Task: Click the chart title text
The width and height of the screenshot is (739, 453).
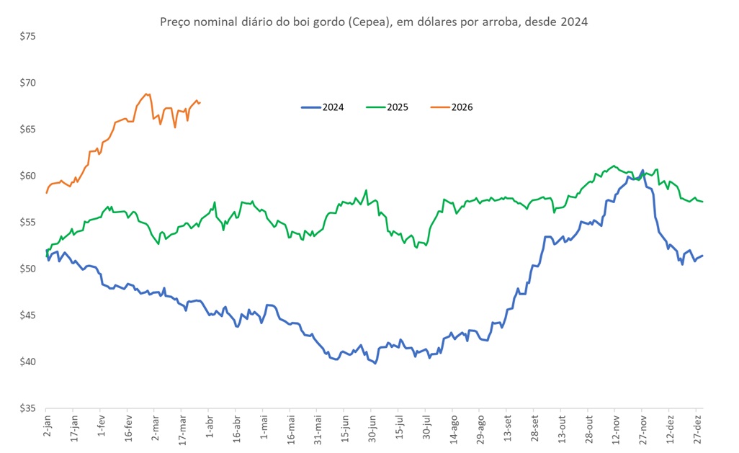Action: (373, 22)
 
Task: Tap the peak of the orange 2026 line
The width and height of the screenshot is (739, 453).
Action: (147, 94)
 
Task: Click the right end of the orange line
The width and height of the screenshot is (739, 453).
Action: (200, 102)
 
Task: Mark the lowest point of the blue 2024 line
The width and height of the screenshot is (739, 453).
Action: (375, 363)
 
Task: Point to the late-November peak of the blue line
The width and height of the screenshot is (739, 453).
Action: (642, 171)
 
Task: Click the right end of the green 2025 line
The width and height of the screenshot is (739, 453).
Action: (703, 202)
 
